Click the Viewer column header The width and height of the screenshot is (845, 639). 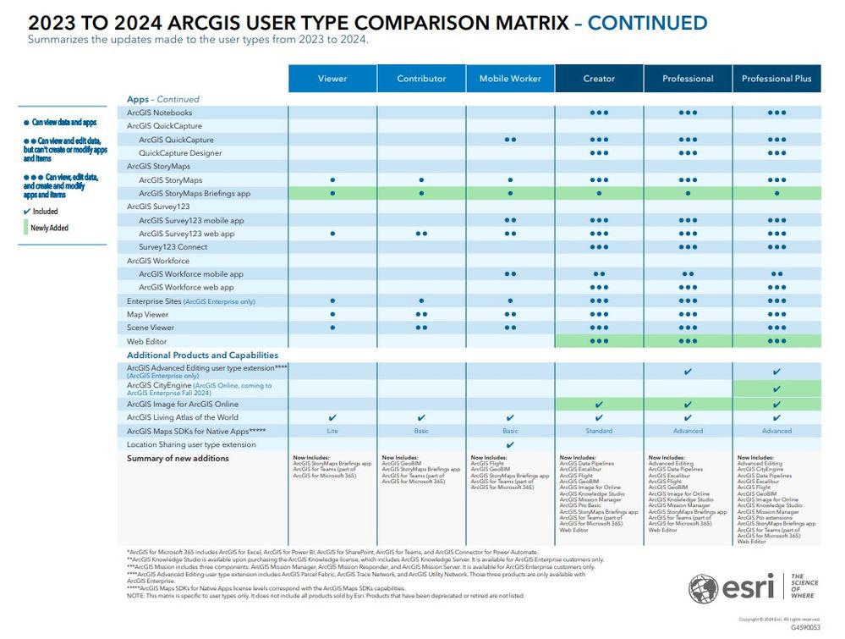pyautogui.click(x=332, y=79)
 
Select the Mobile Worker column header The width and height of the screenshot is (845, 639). pyautogui.click(x=510, y=79)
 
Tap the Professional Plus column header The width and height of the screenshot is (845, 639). pyautogui.click(x=776, y=79)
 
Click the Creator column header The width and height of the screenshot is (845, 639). pyautogui.click(x=599, y=79)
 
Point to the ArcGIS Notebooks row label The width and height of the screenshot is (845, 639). pyautogui.click(x=159, y=113)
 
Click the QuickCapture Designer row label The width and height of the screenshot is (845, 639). pyautogui.click(x=180, y=153)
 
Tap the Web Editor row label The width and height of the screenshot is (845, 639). pyautogui.click(x=145, y=341)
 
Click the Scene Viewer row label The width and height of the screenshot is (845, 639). pyautogui.click(x=151, y=328)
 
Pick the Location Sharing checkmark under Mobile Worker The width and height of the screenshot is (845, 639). pyautogui.click(x=510, y=444)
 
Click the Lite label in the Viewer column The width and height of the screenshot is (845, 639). pyautogui.click(x=332, y=431)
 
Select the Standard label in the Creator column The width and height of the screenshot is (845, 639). pyautogui.click(x=599, y=431)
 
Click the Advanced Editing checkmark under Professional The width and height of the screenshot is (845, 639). pyautogui.click(x=688, y=372)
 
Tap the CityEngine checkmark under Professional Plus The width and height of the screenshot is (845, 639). pyautogui.click(x=776, y=389)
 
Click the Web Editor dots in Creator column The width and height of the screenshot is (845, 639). pyautogui.click(x=599, y=341)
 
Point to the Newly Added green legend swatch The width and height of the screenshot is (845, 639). pyautogui.click(x=25, y=228)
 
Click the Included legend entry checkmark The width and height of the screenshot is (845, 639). pyautogui.click(x=26, y=212)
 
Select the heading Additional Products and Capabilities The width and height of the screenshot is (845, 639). pyautogui.click(x=202, y=355)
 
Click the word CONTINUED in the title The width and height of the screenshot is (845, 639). pyautogui.click(x=648, y=23)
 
